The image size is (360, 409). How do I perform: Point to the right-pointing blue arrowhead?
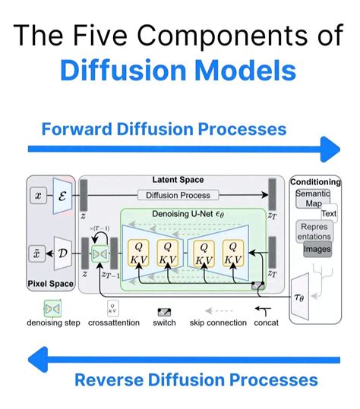329,149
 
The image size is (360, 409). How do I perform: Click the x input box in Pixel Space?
39,195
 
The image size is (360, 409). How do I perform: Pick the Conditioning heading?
316,182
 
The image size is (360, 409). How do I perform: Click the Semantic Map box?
312,200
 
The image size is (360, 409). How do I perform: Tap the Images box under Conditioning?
317,248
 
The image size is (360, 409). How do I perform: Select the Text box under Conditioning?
328,214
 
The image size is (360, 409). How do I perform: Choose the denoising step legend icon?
53,310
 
